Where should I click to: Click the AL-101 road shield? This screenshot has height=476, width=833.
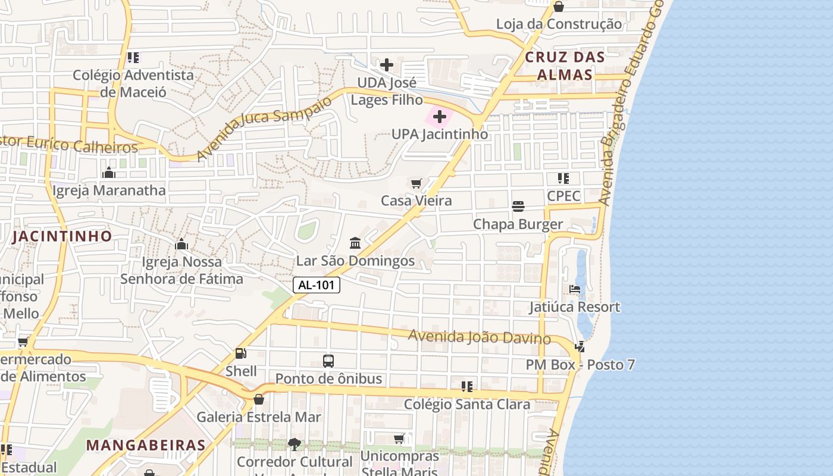click(x=317, y=285)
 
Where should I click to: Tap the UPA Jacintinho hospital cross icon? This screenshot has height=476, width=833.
click(x=440, y=117)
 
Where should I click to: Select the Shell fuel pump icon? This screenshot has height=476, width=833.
click(x=241, y=353)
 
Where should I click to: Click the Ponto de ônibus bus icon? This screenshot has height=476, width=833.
click(x=328, y=361)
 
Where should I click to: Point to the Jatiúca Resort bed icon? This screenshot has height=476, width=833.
click(x=575, y=289)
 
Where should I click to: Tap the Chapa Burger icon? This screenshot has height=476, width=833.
click(x=518, y=206)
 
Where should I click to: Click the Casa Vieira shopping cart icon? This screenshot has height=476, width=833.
click(x=416, y=183)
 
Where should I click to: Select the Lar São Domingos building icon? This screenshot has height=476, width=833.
click(x=355, y=243)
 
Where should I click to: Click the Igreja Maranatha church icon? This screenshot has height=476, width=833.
click(x=109, y=173)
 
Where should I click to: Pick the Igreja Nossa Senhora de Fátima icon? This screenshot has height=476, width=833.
click(x=181, y=244)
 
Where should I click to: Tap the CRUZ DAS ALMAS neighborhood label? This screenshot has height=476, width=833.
click(x=565, y=66)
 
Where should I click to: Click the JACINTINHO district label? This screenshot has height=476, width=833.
click(x=62, y=236)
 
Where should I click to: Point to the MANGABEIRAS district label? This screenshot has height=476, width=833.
click(x=146, y=445)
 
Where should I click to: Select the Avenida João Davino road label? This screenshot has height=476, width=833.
click(x=479, y=337)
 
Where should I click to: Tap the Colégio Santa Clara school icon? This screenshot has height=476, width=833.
click(x=467, y=387)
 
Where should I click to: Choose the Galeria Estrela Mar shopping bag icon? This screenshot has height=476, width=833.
click(x=259, y=399)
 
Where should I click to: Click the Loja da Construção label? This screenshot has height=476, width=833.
click(x=559, y=24)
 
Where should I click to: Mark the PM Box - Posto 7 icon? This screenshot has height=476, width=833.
click(x=580, y=346)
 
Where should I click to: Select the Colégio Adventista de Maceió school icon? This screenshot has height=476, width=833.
click(x=133, y=58)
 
